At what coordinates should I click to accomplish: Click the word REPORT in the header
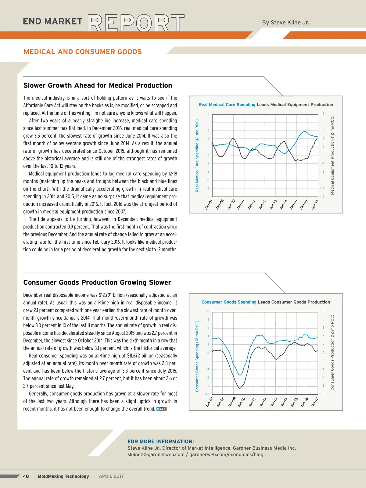tap(136, 23)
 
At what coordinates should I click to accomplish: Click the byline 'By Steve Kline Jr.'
tap(285, 23)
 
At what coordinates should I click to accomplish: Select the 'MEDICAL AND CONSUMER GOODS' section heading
tap(83, 52)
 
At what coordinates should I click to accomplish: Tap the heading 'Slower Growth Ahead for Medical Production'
tap(98, 85)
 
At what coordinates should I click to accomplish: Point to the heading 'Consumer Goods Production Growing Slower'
tap(97, 282)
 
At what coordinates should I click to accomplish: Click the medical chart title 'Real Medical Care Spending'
tap(227, 105)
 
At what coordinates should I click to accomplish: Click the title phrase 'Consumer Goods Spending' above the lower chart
tap(229, 302)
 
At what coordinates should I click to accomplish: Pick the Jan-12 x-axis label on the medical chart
tap(262, 204)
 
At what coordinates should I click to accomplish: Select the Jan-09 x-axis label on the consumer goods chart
tap(232, 402)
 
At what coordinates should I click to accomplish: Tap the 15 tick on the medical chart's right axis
tap(323, 114)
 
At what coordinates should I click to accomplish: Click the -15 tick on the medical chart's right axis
tap(322, 196)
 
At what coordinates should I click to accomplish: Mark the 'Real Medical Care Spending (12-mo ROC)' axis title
tap(197, 156)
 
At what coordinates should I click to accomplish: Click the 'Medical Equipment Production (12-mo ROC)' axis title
tap(332, 155)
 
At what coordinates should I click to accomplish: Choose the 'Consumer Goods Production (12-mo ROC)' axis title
tap(332, 352)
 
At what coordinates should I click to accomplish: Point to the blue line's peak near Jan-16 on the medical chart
tap(304, 131)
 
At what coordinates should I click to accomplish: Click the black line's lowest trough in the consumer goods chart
tap(240, 388)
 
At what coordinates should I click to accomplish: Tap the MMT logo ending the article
tap(161, 409)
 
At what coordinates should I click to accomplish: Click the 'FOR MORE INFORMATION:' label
tap(161, 441)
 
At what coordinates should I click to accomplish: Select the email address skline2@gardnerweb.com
tap(156, 454)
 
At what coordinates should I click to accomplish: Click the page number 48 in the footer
tap(26, 476)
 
